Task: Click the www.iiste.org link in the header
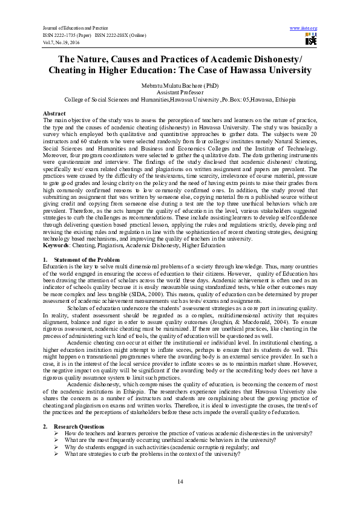304,28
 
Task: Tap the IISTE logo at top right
311,40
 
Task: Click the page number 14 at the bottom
180,481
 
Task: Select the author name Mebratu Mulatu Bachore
180,86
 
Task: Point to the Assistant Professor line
180,92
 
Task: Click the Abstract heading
54,114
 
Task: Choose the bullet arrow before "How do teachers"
56,433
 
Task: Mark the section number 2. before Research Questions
45,427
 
